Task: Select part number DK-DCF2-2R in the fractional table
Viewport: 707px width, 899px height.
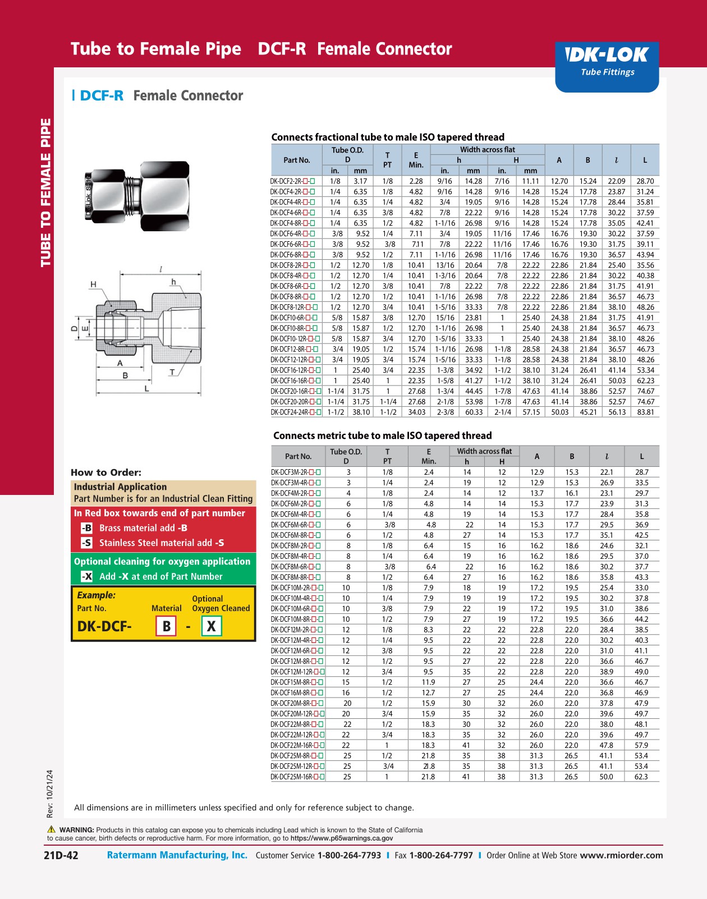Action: [292, 181]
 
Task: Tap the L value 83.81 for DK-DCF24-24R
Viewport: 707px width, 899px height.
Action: [645, 412]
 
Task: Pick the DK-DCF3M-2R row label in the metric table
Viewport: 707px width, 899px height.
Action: [296, 473]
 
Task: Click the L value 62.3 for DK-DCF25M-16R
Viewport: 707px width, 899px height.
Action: [641, 777]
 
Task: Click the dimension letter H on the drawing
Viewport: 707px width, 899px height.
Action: [93, 285]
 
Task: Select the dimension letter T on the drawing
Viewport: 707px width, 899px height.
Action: [172, 372]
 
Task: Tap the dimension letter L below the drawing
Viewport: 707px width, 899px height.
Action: [147, 388]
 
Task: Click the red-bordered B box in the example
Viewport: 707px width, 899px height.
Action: [166, 626]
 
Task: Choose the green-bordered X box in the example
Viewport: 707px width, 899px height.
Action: [211, 626]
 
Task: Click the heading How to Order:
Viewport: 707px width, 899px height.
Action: [106, 473]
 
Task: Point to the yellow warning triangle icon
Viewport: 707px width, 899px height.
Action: [52, 829]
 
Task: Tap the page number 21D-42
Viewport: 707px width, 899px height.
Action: [61, 855]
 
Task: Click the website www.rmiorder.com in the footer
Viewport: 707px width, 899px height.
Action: [621, 855]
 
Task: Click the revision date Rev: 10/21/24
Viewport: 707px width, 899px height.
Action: [50, 793]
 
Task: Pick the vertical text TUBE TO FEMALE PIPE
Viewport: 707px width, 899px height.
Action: [46, 192]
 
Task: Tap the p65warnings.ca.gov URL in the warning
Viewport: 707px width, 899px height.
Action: [342, 838]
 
